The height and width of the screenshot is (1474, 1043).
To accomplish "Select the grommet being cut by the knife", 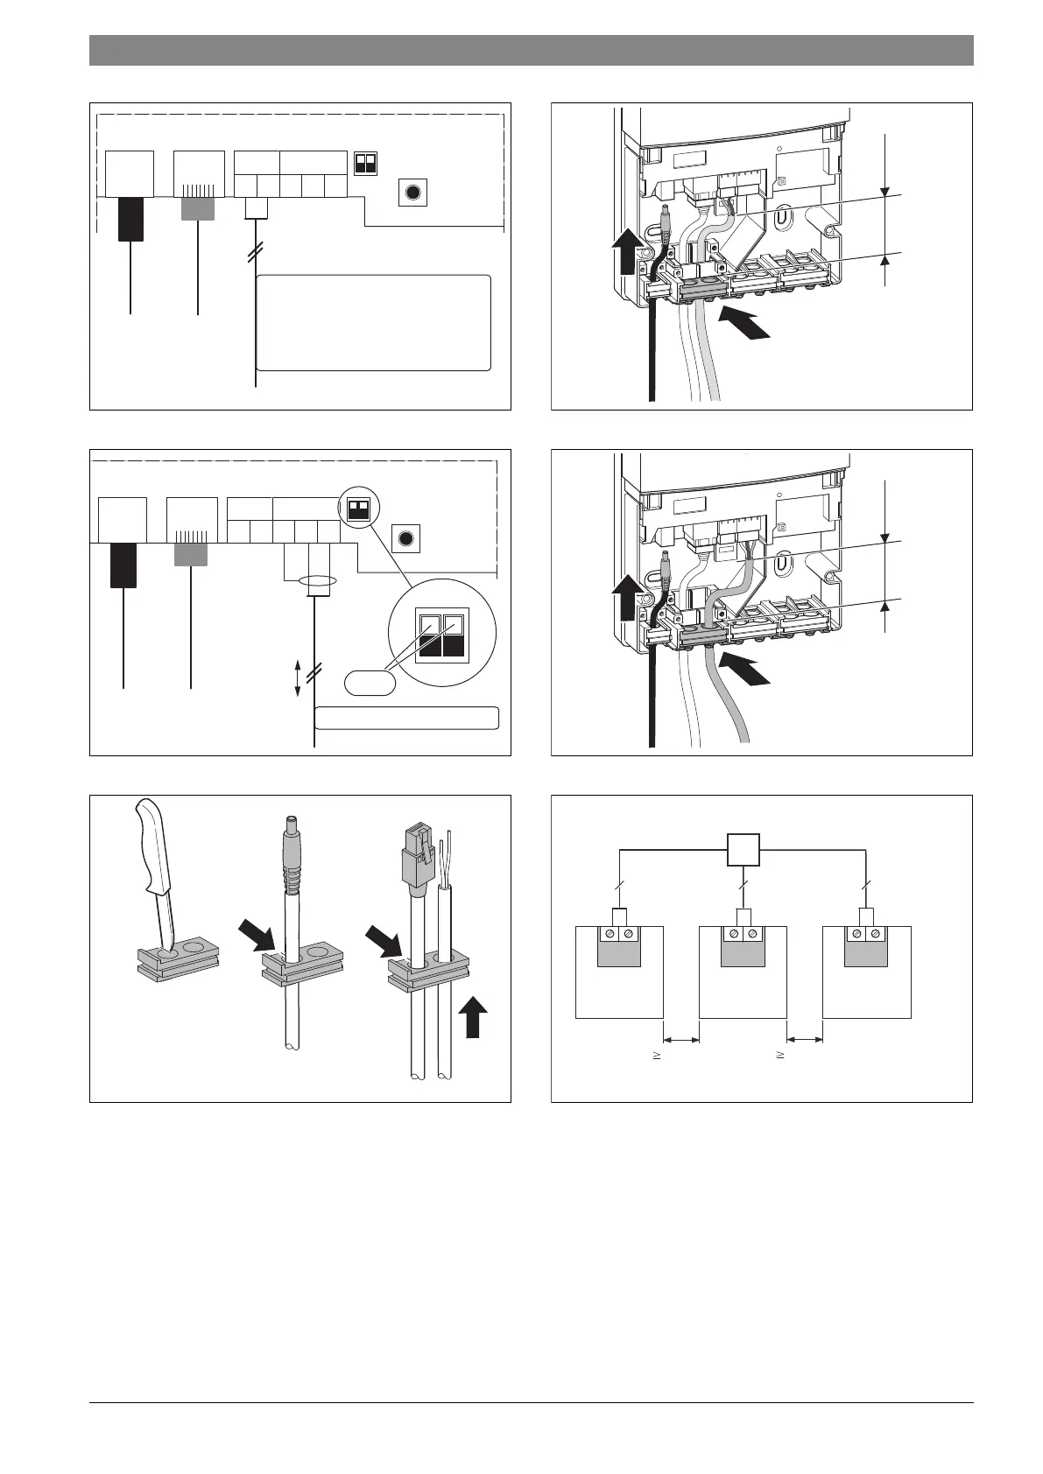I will coord(177,959).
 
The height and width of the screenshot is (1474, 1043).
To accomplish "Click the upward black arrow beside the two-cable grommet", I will coord(475,1020).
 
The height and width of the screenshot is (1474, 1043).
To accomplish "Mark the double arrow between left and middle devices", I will coord(681,1039).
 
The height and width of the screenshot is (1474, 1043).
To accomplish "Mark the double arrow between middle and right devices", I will coord(805,1039).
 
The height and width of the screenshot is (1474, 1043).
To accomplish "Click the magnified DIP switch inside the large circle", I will coord(443,635).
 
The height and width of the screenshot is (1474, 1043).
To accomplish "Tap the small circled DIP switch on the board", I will coord(356,511).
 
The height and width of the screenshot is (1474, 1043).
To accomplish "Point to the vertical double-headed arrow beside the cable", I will coord(298,679).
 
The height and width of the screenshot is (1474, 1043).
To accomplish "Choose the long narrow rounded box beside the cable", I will coord(406,718).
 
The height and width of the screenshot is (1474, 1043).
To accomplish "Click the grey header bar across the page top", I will coord(531,50).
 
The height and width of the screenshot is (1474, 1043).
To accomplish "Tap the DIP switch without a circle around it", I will coord(365,164).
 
